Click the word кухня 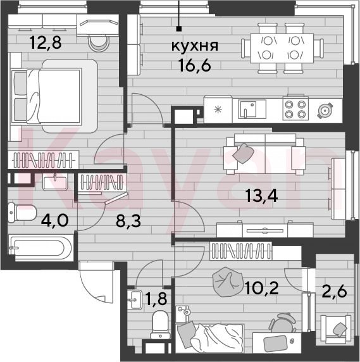click(x=195, y=46)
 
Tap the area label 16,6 click(x=195, y=65)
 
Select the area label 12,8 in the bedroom click(x=46, y=42)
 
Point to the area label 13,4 click(x=261, y=196)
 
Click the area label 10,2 click(x=262, y=288)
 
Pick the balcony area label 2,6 click(x=335, y=291)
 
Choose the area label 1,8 click(x=156, y=298)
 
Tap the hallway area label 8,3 click(x=128, y=221)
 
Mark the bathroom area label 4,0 click(x=54, y=220)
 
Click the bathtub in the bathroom click(x=40, y=247)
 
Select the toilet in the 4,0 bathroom click(x=22, y=213)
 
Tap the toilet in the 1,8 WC click(x=160, y=325)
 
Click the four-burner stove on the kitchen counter click(x=295, y=108)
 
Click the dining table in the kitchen click(x=282, y=48)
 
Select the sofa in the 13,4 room click(x=265, y=154)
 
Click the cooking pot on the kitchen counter click(x=325, y=111)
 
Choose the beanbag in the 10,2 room click(x=228, y=282)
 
